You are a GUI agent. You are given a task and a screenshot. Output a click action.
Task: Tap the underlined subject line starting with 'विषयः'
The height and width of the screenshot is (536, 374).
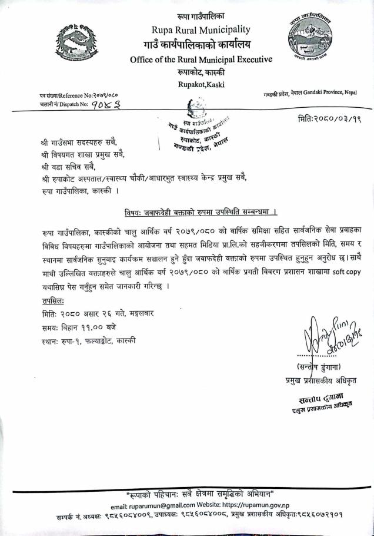coord(201,210)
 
